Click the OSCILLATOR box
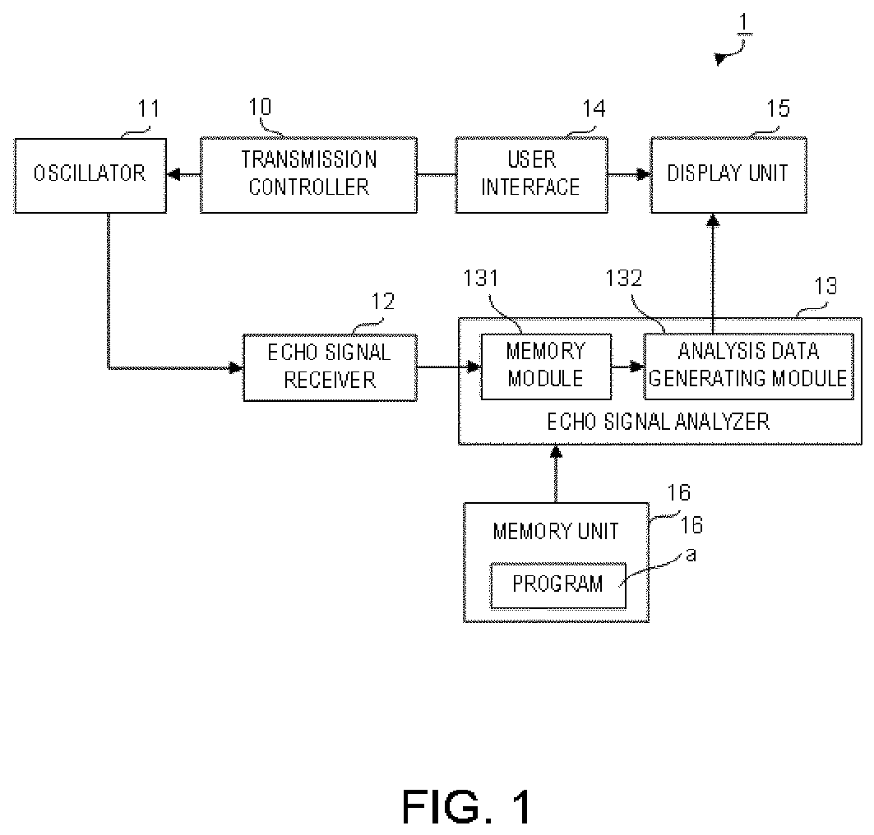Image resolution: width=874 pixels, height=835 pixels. pyautogui.click(x=90, y=176)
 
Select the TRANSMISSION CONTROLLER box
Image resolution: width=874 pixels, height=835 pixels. pyautogui.click(x=308, y=175)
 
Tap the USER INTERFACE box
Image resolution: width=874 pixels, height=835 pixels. pyautogui.click(x=531, y=175)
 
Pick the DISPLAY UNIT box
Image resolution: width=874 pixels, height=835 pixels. pyautogui.click(x=728, y=175)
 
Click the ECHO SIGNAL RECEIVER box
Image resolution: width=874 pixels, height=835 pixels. pyautogui.click(x=330, y=367)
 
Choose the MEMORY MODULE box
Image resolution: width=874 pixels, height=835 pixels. pyautogui.click(x=546, y=367)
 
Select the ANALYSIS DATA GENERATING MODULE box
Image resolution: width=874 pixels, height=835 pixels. pyautogui.click(x=748, y=367)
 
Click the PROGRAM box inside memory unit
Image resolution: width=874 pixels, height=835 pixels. pyautogui.click(x=558, y=585)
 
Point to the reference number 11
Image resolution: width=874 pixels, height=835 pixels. pyautogui.click(x=148, y=108)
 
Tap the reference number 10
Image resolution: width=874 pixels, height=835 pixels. pyautogui.click(x=260, y=106)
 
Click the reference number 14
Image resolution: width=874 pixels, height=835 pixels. pyautogui.click(x=594, y=108)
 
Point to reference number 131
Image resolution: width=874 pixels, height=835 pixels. pyautogui.click(x=481, y=278)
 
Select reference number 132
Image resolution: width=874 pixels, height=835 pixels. pyautogui.click(x=624, y=278)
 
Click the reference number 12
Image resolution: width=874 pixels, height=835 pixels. pyautogui.click(x=383, y=302)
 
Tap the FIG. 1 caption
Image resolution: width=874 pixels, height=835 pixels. pyautogui.click(x=466, y=807)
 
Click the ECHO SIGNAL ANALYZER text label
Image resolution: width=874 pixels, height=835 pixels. pyautogui.click(x=659, y=422)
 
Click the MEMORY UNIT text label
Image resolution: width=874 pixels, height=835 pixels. pyautogui.click(x=556, y=532)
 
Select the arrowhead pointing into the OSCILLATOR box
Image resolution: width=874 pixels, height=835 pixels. pyautogui.click(x=174, y=175)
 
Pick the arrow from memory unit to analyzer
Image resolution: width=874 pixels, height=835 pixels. pyautogui.click(x=556, y=473)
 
